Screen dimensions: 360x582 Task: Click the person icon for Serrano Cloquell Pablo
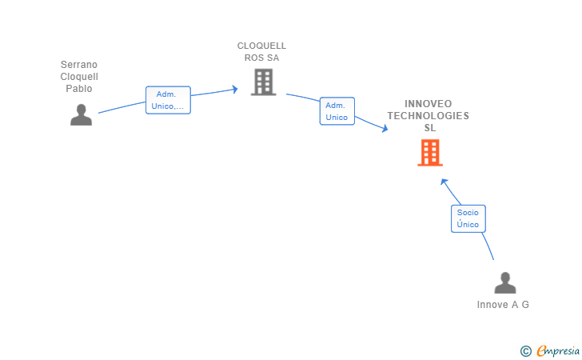81,115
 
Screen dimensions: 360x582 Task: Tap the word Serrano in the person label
79,65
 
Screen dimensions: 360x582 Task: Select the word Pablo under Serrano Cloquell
79,89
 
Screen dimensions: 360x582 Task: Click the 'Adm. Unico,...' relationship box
168,100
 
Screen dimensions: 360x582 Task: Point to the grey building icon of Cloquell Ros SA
263,82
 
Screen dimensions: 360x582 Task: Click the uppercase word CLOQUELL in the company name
261,46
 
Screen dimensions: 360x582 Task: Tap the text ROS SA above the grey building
261,58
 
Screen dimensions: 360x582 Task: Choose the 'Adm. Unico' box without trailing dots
337,111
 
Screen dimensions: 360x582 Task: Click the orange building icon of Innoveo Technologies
429,152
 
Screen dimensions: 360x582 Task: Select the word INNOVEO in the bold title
429,104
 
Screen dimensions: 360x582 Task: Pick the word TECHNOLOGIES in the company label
429,116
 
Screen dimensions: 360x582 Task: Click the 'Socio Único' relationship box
468,218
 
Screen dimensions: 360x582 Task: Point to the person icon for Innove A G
504,283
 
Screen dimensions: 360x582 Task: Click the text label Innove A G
503,305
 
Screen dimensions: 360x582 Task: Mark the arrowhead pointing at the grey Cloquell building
235,89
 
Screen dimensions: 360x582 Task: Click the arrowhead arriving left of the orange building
385,128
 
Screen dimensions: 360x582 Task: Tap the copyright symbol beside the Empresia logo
525,350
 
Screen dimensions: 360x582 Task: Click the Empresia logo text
558,350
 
